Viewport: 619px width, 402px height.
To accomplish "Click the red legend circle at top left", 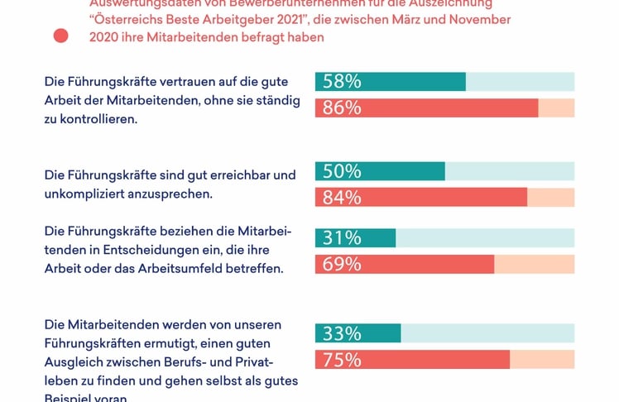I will (60, 36).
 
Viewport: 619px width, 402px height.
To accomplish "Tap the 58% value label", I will (341, 81).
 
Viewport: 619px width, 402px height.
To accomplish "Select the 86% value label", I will (341, 108).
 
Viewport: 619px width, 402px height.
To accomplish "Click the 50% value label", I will (341, 171).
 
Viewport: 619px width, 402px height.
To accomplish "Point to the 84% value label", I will (341, 198).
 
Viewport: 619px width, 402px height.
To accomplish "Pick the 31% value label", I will (341, 238).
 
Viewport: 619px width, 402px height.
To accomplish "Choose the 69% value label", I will (341, 265).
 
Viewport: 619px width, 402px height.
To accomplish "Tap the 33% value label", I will (341, 334).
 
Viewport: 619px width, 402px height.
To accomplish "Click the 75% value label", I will (341, 361).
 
